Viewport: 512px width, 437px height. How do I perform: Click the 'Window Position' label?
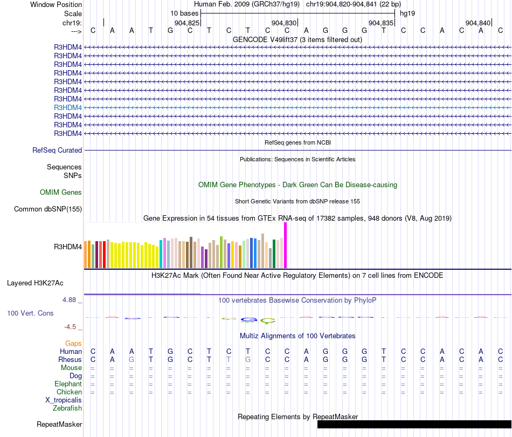click(x=56, y=4)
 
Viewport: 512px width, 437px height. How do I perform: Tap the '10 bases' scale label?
click(x=184, y=13)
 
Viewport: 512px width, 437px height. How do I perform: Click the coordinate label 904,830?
click(x=284, y=23)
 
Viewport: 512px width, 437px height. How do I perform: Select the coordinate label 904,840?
click(x=478, y=23)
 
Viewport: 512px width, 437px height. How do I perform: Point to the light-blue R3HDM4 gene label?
click(x=68, y=107)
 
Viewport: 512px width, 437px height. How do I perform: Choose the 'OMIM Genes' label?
click(x=61, y=192)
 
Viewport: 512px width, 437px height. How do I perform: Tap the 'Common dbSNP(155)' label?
click(x=48, y=209)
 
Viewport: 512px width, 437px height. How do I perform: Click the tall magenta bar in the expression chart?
click(x=285, y=245)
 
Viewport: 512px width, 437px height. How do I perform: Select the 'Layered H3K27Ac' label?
click(x=44, y=283)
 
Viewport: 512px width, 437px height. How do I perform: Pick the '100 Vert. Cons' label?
click(x=30, y=313)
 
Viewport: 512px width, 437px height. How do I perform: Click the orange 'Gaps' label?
click(x=73, y=343)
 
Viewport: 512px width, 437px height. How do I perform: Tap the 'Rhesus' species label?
click(x=71, y=359)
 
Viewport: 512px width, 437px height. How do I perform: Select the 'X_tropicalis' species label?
click(x=64, y=400)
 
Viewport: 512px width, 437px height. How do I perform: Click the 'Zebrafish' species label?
click(x=67, y=408)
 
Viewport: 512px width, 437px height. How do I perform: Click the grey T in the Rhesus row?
click(x=229, y=359)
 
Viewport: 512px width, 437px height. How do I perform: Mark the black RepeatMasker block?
click(x=414, y=425)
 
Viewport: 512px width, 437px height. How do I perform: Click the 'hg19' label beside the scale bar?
click(x=407, y=13)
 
